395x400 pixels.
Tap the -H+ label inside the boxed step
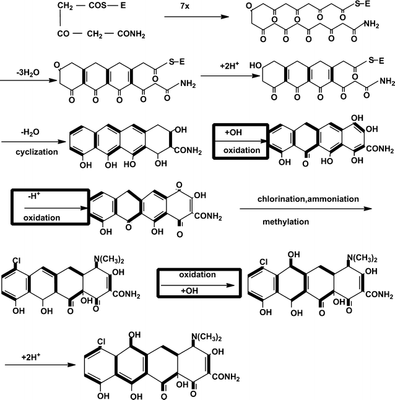[35, 197]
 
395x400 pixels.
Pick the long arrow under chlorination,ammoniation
[306, 209]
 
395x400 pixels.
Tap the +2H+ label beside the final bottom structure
[16, 358]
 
